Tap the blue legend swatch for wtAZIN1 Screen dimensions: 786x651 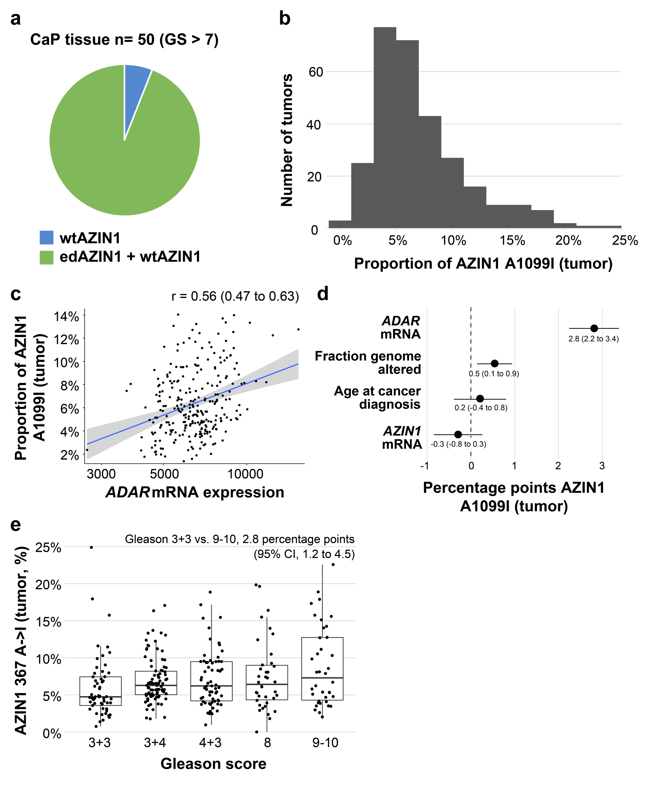point(46,238)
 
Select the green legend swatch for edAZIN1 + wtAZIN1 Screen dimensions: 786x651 point(46,257)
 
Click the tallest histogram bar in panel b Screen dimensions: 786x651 point(385,127)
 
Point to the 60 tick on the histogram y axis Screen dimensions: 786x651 point(316,72)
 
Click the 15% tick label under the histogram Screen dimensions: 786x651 point(512,240)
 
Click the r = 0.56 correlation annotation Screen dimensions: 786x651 point(235,296)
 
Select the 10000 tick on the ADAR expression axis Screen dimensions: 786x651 point(246,474)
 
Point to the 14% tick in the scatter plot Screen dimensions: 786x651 point(67,317)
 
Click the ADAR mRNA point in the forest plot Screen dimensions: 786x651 point(594,328)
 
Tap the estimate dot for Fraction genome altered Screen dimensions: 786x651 point(494,363)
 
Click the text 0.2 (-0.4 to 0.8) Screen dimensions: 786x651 point(481,408)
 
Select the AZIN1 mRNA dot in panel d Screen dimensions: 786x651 point(458,435)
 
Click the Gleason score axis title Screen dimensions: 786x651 point(213,764)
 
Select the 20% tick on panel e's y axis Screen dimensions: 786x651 point(48,584)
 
